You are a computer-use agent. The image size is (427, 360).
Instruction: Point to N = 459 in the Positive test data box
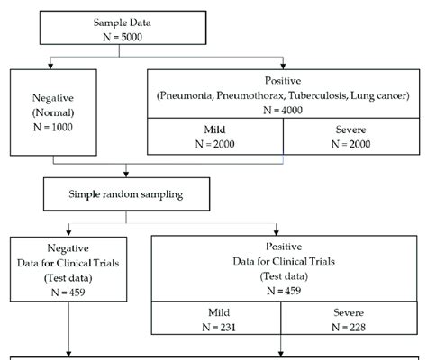pyautogui.click(x=284, y=290)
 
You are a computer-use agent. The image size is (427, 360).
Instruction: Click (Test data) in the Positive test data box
pyautogui.click(x=284, y=275)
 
